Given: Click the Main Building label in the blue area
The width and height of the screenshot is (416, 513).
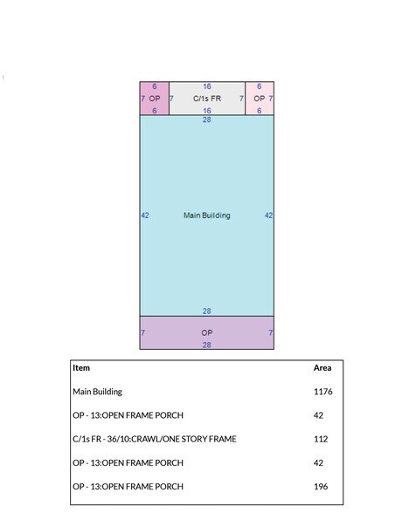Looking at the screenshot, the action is coord(207,215).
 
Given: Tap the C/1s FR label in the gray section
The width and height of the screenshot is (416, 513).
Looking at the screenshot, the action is coord(207,98).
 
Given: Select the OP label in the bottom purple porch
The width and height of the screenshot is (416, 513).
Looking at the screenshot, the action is coord(207,332).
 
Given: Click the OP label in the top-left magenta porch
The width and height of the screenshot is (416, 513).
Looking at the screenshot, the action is coord(155,98).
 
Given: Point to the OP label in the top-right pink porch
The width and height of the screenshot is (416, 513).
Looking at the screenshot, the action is coord(259,98).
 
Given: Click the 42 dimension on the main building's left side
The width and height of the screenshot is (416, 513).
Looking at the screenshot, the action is coord(145,215).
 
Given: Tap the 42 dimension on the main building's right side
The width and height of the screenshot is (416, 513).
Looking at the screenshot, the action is coord(268,215).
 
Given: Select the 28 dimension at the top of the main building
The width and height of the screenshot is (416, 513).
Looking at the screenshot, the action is coord(206,120).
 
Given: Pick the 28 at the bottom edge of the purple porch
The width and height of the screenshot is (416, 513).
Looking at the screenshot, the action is coord(206,345).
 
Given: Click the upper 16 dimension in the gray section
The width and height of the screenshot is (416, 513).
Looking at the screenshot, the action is coord(207,86).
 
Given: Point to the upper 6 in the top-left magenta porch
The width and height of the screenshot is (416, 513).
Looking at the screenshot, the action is coord(155,86).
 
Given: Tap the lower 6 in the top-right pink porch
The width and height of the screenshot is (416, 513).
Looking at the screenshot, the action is coord(259,111).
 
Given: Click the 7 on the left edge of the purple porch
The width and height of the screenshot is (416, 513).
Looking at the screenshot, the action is coord(143,332).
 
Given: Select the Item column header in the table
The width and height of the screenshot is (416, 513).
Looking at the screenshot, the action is coord(81,368).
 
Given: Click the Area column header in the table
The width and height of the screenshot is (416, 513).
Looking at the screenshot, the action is coord(322,368).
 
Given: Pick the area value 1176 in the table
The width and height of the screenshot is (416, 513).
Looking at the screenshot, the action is coord(322,391).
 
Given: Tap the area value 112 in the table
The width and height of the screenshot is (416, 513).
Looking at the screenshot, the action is coord(321,439).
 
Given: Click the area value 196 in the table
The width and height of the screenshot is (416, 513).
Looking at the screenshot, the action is coord(321,486).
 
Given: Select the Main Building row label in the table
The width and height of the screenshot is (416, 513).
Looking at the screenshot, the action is coord(97,392).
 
